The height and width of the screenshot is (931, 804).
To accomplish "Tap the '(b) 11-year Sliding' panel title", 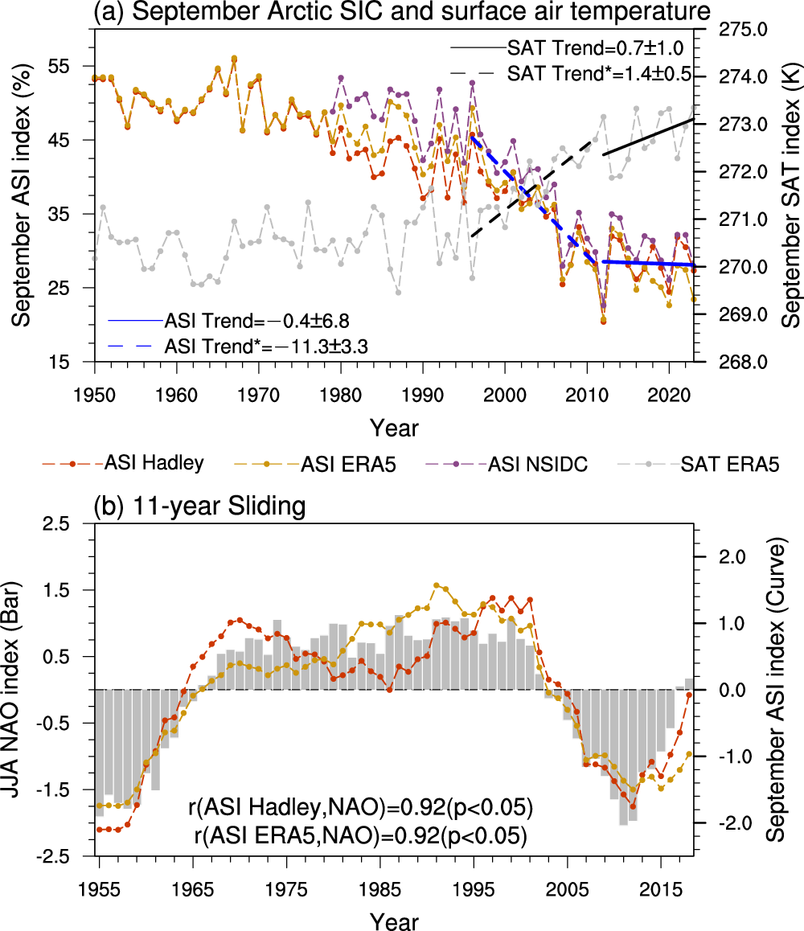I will click(x=199, y=507).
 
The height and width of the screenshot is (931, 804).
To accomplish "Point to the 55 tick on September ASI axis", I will click(x=70, y=66).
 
